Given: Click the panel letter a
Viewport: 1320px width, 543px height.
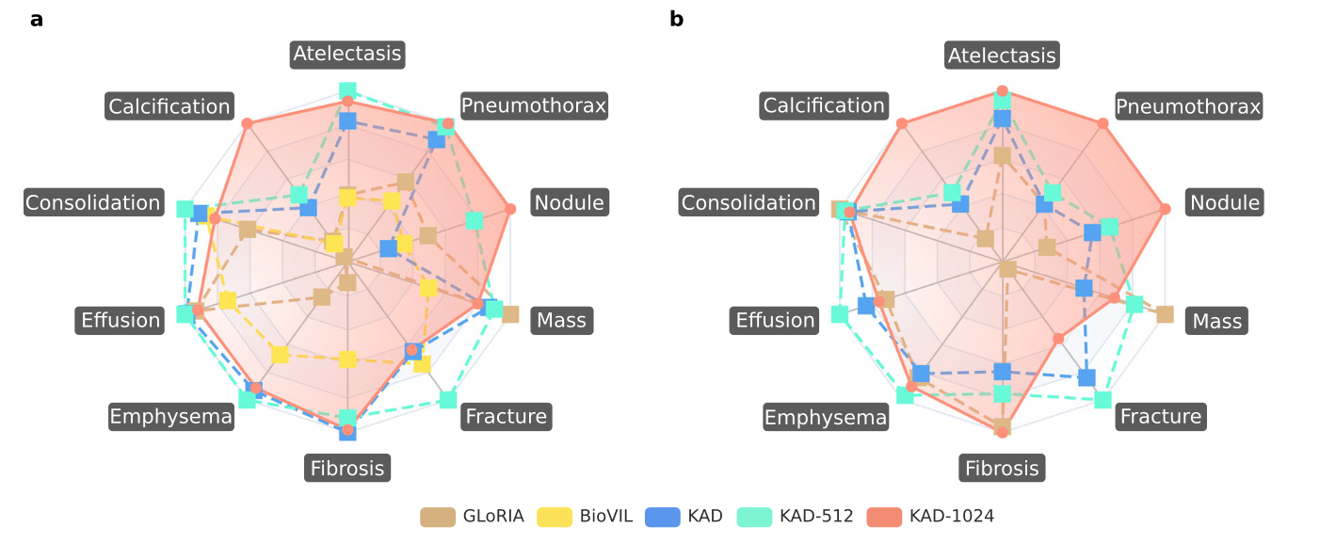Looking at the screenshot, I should [37, 20].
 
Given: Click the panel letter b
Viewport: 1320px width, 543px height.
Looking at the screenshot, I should [676, 20].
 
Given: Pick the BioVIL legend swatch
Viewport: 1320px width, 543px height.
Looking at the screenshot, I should [555, 517].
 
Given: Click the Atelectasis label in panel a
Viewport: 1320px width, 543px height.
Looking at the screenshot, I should [347, 54].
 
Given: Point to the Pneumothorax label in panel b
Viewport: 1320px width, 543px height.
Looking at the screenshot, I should [1188, 106].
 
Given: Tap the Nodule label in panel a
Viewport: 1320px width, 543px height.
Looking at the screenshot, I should [570, 202].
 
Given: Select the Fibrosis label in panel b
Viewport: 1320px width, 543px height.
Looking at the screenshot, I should [1002, 468].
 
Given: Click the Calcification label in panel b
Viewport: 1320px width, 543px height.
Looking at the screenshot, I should [824, 105].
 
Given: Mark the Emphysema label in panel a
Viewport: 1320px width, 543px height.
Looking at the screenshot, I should [171, 417].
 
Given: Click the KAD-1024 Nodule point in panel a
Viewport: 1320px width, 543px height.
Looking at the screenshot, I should [510, 209].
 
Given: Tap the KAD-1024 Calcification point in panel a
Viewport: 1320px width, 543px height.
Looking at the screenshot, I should [247, 123].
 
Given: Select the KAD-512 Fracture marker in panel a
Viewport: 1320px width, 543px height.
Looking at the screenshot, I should [448, 399].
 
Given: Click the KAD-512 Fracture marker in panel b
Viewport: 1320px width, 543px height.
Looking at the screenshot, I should [1103, 399].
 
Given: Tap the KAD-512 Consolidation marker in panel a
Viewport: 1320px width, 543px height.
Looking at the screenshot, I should [185, 208].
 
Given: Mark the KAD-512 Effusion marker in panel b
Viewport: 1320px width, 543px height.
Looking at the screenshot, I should [839, 314].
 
